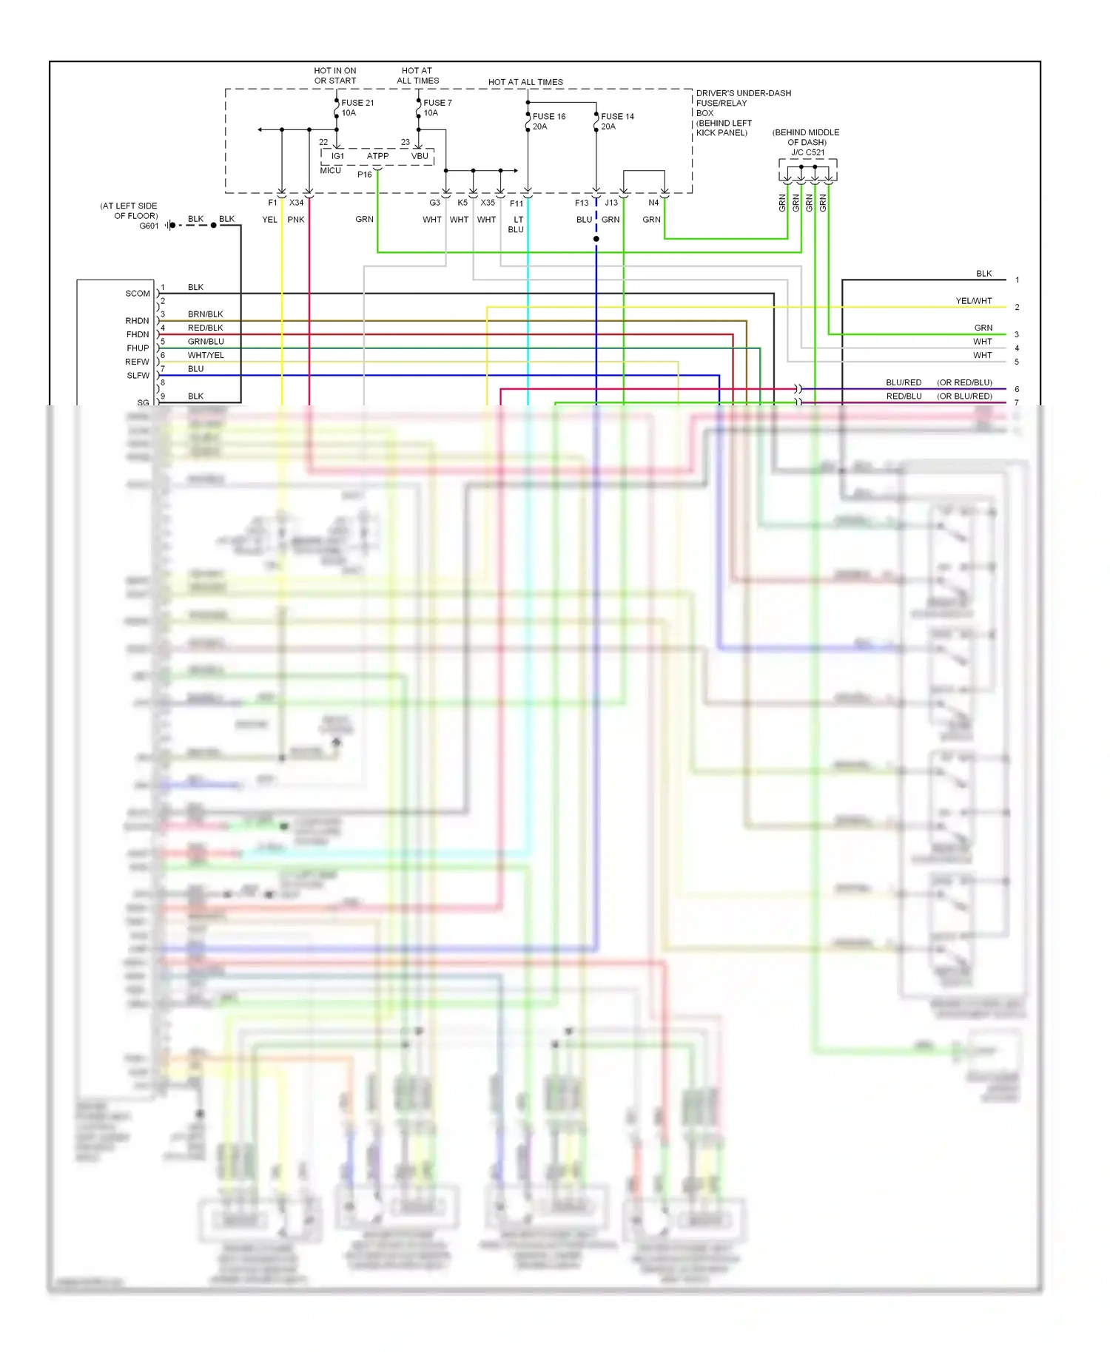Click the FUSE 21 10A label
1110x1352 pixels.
[x=357, y=108]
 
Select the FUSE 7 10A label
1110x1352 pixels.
[x=437, y=108]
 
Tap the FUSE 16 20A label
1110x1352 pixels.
[x=548, y=121]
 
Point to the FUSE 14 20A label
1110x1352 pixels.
[x=616, y=121]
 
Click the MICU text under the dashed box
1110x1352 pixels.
[x=330, y=171]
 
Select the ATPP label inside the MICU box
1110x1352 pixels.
[x=377, y=156]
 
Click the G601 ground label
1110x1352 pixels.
[x=149, y=226]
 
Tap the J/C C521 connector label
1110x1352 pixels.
[x=807, y=152]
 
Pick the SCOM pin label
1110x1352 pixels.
[x=138, y=294]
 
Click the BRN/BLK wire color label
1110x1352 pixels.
[x=205, y=314]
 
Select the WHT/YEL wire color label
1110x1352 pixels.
[x=206, y=355]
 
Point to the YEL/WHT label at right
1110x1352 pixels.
[x=973, y=301]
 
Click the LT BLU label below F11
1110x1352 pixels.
[x=517, y=225]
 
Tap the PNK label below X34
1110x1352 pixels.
[x=296, y=220]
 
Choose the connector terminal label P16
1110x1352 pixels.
[x=364, y=175]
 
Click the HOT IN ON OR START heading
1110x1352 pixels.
[x=335, y=75]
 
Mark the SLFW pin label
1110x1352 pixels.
[x=138, y=376]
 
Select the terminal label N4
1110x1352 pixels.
[x=653, y=203]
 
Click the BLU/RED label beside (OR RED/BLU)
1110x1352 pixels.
[x=904, y=382]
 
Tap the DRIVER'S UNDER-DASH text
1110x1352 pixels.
[x=743, y=93]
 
